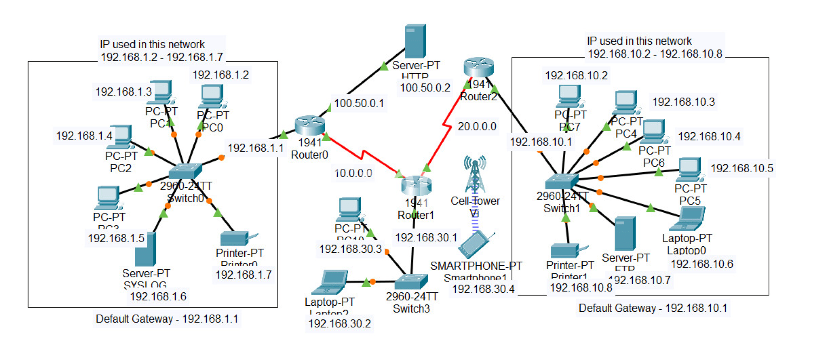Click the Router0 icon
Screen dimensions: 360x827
pos(310,125)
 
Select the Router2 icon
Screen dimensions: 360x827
pos(479,67)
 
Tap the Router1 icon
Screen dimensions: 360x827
pos(416,186)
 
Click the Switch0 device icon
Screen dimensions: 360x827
pos(185,171)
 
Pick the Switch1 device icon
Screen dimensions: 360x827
pos(561,181)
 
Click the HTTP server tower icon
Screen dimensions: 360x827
pos(415,41)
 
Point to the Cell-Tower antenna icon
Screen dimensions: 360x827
pos(475,174)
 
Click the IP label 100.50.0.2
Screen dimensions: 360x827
pos(425,88)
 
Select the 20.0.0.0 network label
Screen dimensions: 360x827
pos(477,127)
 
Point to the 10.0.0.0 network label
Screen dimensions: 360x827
pos(353,173)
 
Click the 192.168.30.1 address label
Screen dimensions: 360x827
pos(426,238)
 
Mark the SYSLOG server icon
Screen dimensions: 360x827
pos(145,249)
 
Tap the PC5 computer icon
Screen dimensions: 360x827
pos(690,170)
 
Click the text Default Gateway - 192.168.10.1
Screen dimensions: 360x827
pos(653,308)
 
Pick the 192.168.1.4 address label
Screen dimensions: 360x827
pos(84,136)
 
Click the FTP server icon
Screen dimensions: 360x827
pos(625,233)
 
